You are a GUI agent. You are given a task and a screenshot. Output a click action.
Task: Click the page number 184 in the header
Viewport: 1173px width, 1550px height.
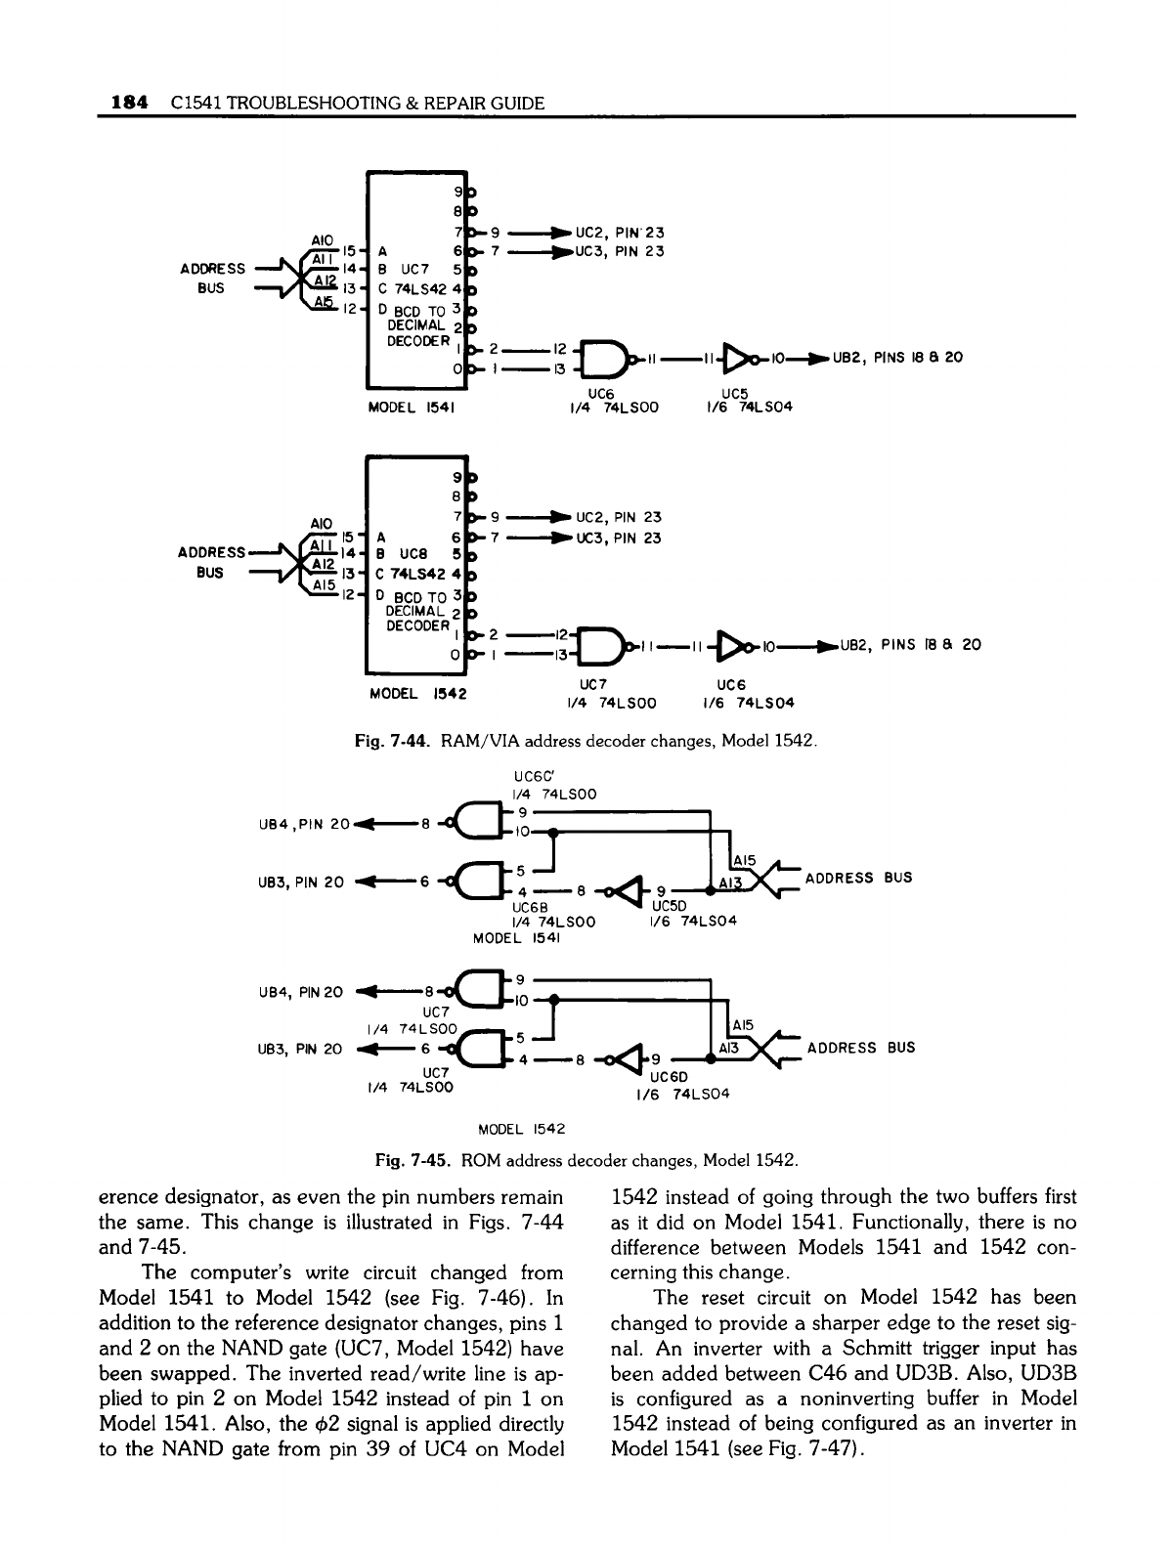[130, 102]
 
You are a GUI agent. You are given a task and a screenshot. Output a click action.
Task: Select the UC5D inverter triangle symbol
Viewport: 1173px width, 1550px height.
[628, 890]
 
